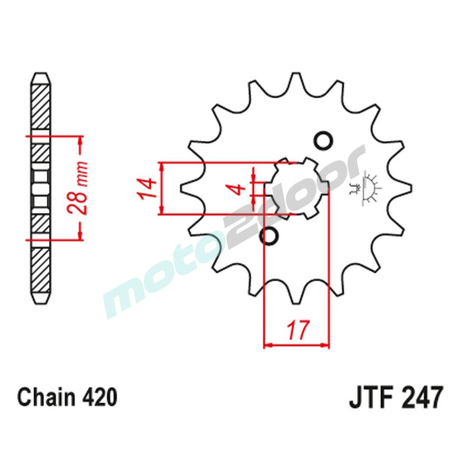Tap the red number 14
tap(145, 189)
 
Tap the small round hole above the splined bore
tap(323, 141)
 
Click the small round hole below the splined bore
tap(270, 236)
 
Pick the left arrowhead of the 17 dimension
tap(267, 345)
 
